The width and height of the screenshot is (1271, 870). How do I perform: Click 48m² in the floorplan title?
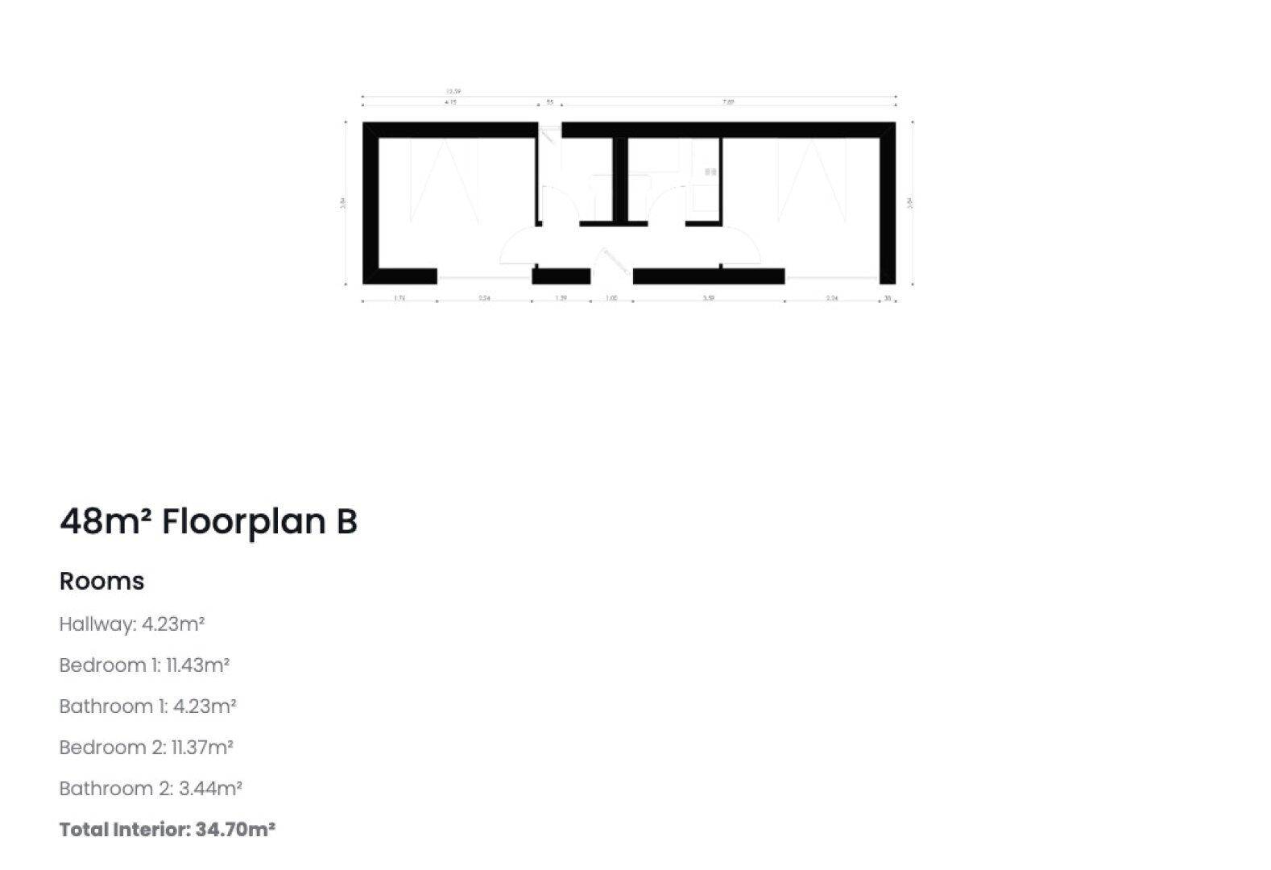pos(106,522)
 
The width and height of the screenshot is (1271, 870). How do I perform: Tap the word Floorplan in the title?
pos(243,522)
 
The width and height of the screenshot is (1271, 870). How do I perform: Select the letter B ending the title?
pos(346,522)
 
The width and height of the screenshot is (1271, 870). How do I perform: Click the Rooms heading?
pos(101,581)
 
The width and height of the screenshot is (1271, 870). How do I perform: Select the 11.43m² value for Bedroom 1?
pos(197,665)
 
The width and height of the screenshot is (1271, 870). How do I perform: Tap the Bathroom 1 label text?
pos(113,706)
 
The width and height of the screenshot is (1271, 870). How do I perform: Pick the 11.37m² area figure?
pos(202,748)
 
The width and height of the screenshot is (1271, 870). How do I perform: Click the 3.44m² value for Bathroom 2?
pos(210,789)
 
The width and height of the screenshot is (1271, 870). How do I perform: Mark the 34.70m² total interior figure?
pos(235,830)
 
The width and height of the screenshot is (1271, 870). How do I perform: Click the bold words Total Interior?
pos(123,830)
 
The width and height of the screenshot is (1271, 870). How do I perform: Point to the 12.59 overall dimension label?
pos(453,92)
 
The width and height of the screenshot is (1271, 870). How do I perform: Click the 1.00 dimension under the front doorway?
pos(611,299)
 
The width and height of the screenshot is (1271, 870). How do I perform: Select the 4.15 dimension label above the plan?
pos(450,102)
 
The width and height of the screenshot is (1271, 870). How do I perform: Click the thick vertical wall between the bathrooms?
pos(619,179)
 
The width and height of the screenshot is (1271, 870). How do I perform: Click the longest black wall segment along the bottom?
pos(709,276)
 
